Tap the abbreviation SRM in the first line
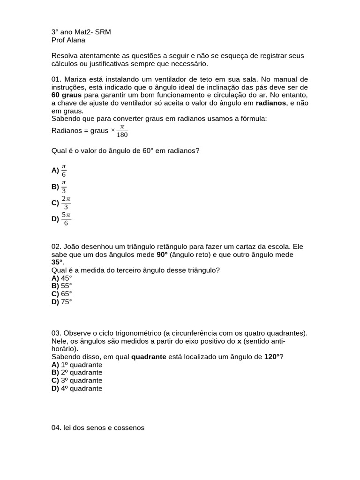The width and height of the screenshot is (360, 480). click(102, 32)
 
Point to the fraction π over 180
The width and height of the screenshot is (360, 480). click(122, 131)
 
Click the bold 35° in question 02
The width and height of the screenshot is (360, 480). click(57, 262)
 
